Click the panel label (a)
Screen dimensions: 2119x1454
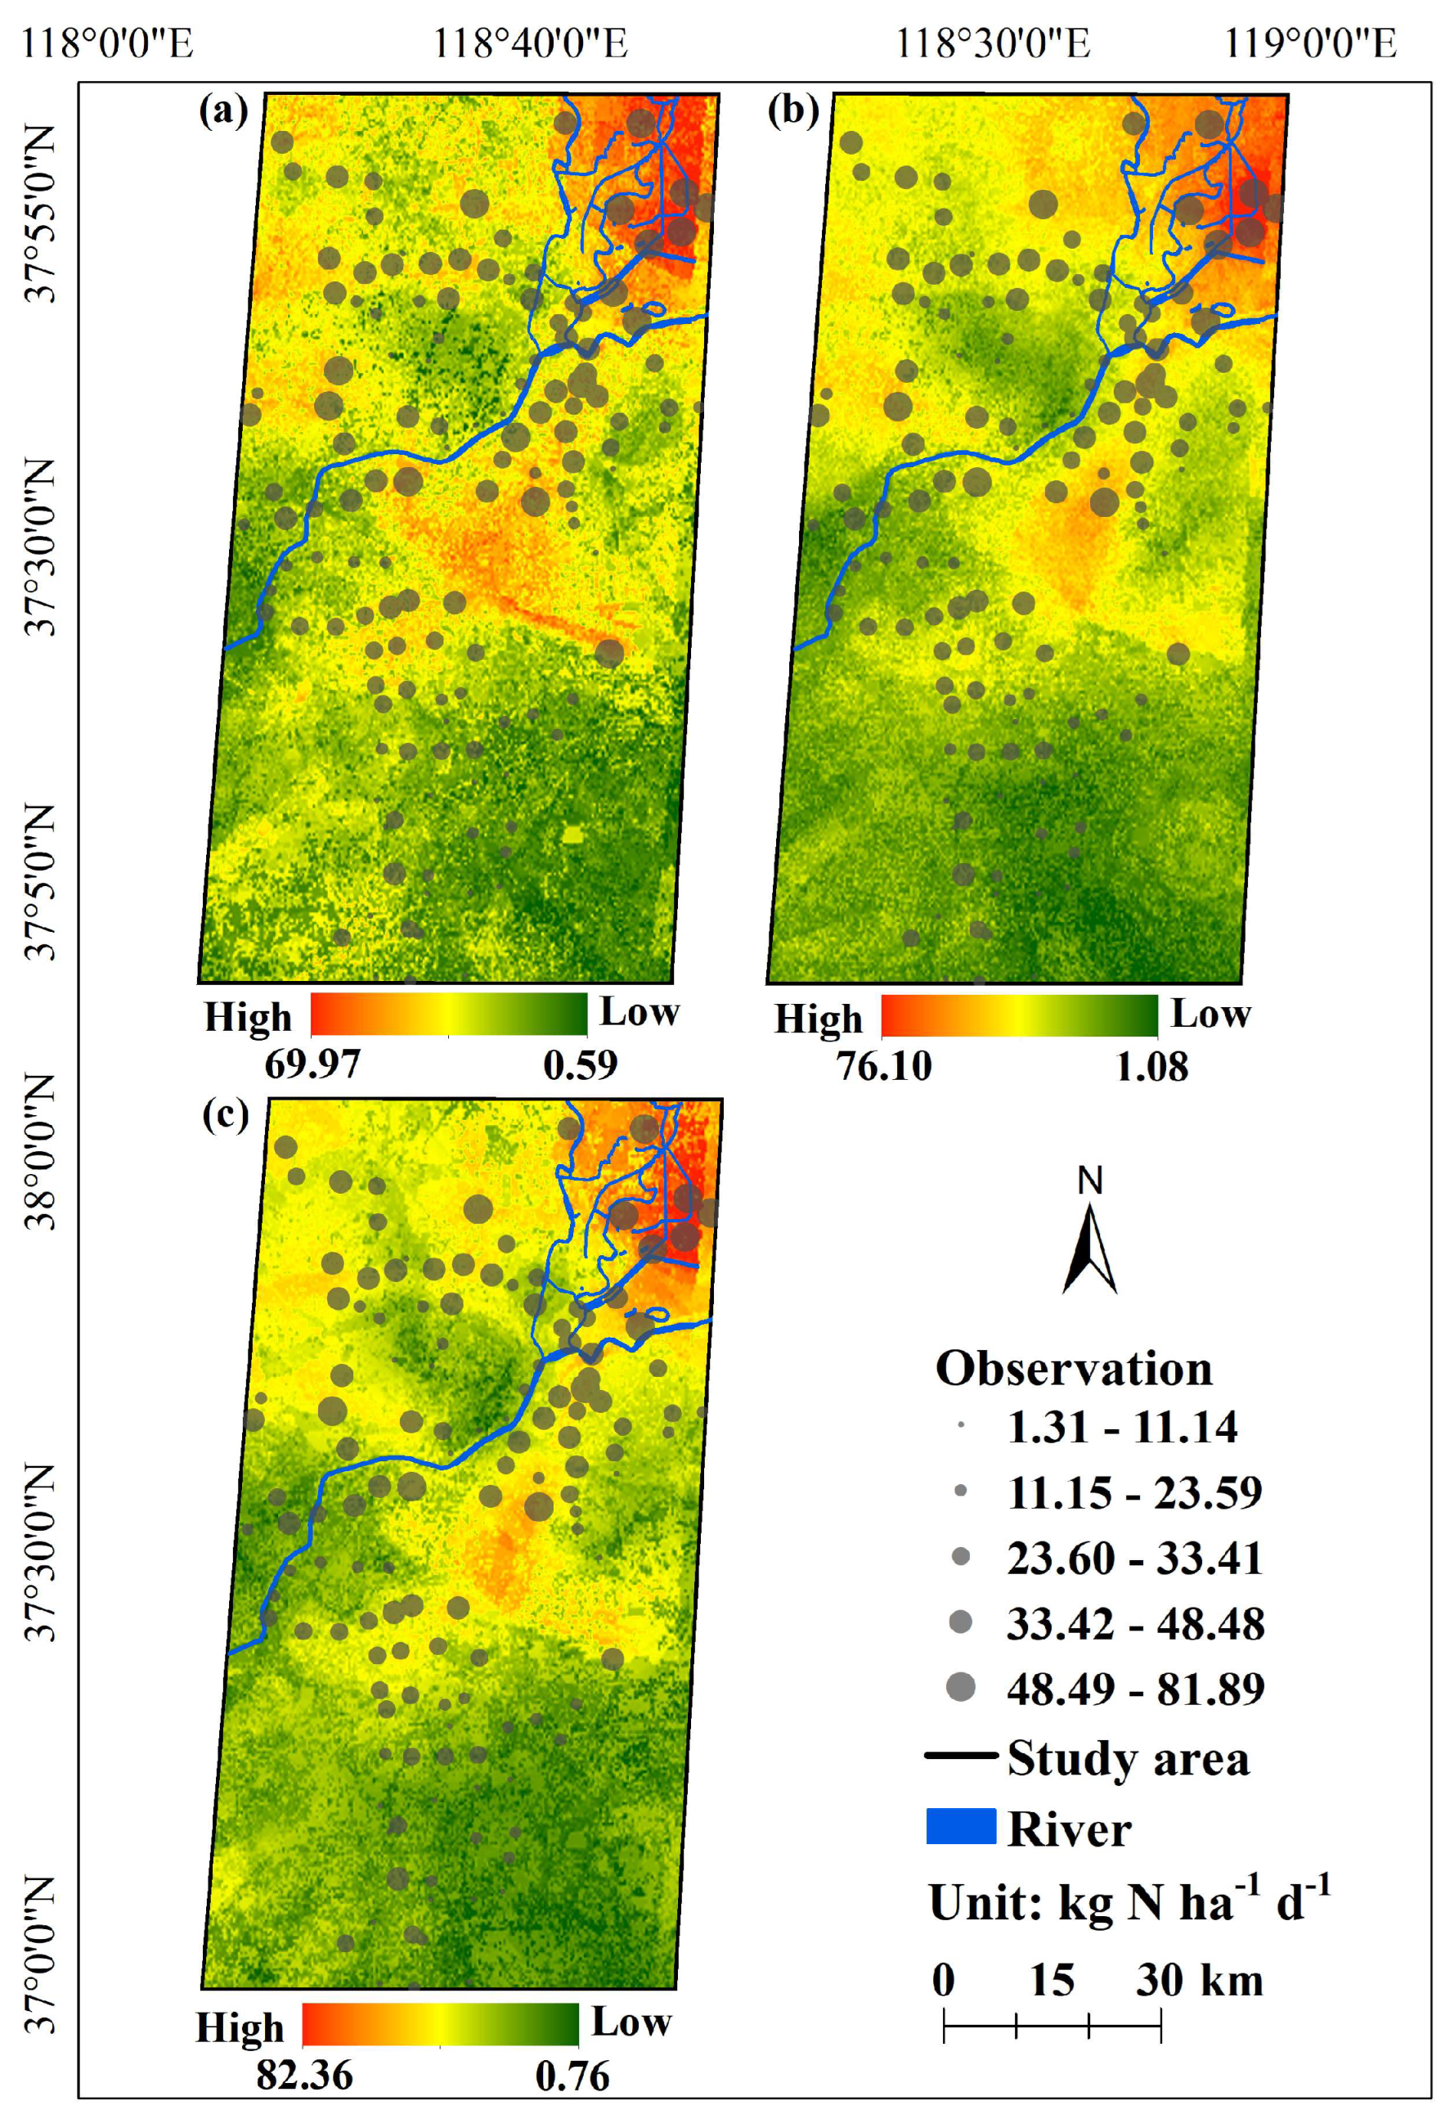click(223, 111)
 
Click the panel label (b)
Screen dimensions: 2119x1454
click(793, 111)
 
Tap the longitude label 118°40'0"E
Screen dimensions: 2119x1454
click(530, 43)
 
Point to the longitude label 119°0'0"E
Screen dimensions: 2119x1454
click(1310, 43)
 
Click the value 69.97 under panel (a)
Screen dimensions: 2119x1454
click(312, 1064)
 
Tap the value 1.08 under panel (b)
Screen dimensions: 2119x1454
click(1152, 1066)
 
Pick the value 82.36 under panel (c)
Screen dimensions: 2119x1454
click(304, 2076)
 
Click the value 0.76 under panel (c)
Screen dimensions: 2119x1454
click(572, 2076)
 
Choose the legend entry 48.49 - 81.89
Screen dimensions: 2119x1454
click(1136, 1689)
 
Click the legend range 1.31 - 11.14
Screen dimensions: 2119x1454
click(1122, 1427)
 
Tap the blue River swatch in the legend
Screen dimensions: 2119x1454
click(961, 1826)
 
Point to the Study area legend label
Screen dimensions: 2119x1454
click(1128, 1758)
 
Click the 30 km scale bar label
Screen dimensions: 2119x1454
click(1199, 1981)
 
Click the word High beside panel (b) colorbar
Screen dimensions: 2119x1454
click(818, 1019)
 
